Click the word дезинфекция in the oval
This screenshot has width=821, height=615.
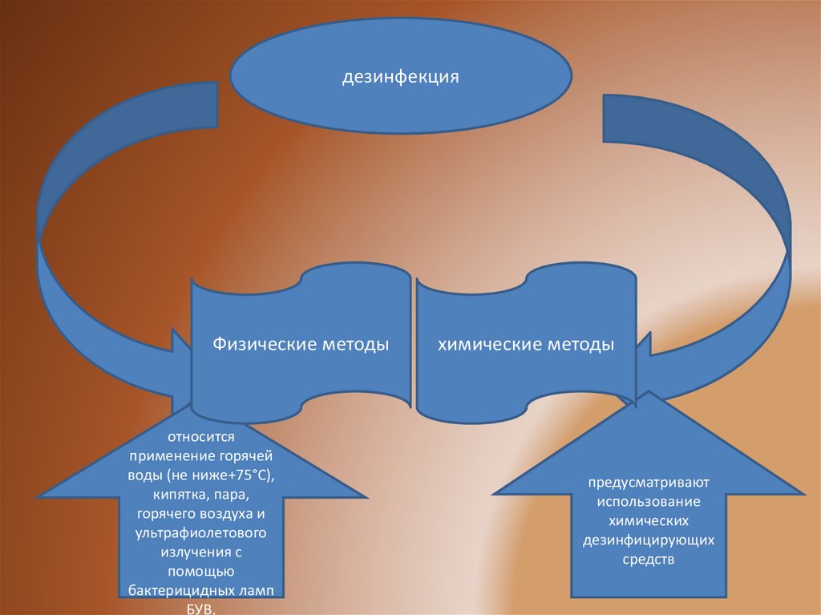click(x=401, y=78)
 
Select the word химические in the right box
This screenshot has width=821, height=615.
click(x=486, y=345)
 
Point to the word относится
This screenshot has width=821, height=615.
click(x=200, y=438)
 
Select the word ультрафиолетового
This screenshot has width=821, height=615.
click(x=200, y=533)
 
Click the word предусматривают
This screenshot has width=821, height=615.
click(x=649, y=484)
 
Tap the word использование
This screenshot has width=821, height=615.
click(x=649, y=503)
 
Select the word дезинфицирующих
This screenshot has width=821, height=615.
click(x=649, y=540)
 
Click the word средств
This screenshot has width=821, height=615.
click(x=649, y=559)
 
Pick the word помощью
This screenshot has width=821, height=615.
click(x=200, y=572)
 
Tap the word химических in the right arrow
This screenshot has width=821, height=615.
click(x=649, y=521)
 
